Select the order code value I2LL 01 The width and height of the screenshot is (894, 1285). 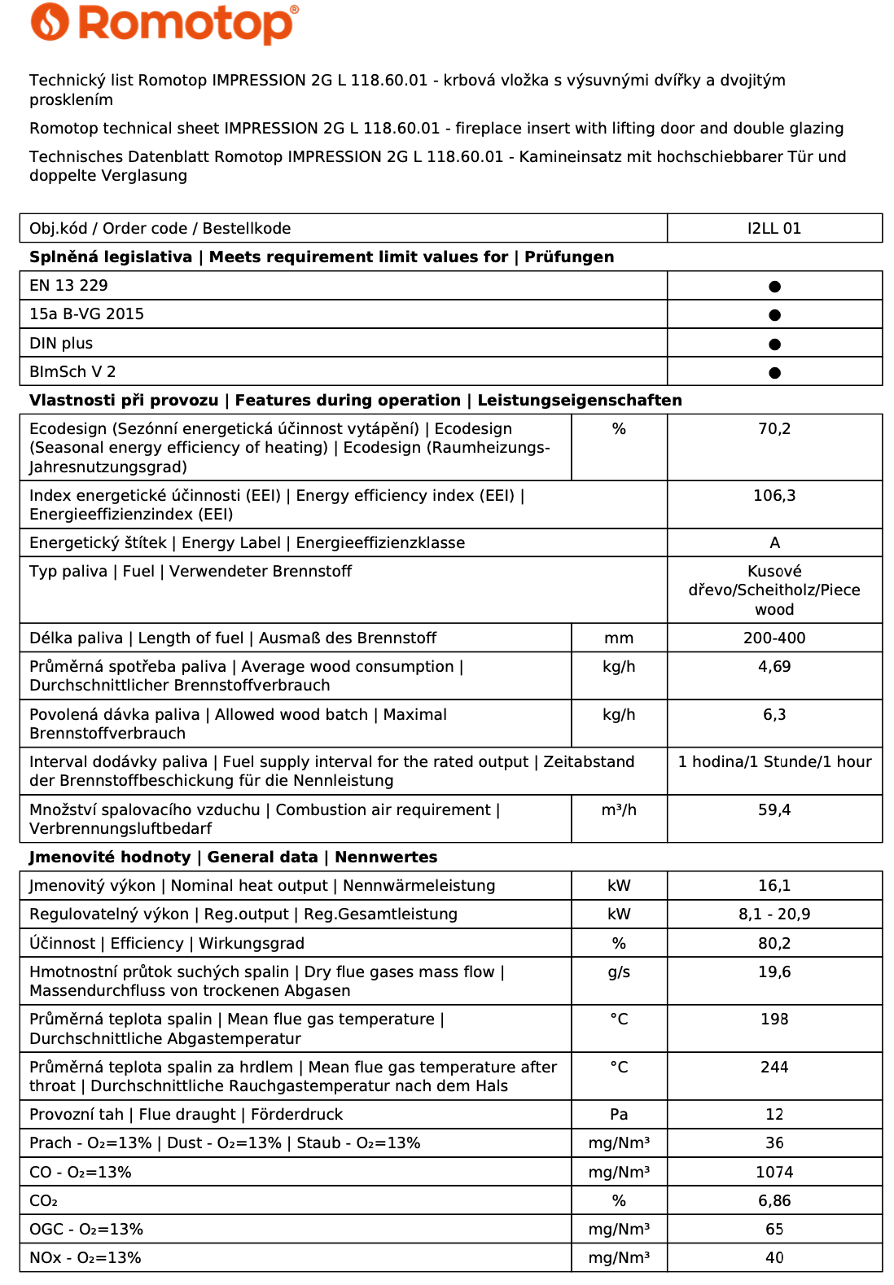pyautogui.click(x=773, y=229)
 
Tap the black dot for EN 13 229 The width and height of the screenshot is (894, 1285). pyautogui.click(x=774, y=287)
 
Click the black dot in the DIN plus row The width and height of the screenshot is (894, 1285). pyautogui.click(x=774, y=344)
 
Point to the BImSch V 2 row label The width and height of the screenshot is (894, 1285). pyautogui.click(x=72, y=372)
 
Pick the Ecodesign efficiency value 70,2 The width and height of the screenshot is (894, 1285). pyautogui.click(x=773, y=429)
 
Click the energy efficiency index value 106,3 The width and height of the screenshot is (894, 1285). pyautogui.click(x=773, y=496)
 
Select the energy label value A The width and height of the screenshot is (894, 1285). pyautogui.click(x=774, y=543)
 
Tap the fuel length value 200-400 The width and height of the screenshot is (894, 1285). pyautogui.click(x=773, y=638)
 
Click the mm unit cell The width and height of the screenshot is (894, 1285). pyautogui.click(x=619, y=638)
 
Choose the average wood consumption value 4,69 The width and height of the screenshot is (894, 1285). pyautogui.click(x=773, y=667)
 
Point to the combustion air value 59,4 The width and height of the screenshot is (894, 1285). pyautogui.click(x=773, y=810)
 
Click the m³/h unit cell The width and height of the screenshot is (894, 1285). pyautogui.click(x=619, y=810)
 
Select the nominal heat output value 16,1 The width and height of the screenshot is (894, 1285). pyautogui.click(x=773, y=886)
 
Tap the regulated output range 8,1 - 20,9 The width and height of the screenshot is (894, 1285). pyautogui.click(x=773, y=914)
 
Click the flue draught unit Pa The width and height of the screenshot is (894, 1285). pyautogui.click(x=619, y=1115)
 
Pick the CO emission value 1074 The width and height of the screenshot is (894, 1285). pyautogui.click(x=773, y=1173)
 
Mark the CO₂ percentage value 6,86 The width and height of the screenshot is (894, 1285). pyautogui.click(x=773, y=1201)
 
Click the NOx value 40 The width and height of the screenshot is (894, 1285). pyautogui.click(x=773, y=1258)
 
